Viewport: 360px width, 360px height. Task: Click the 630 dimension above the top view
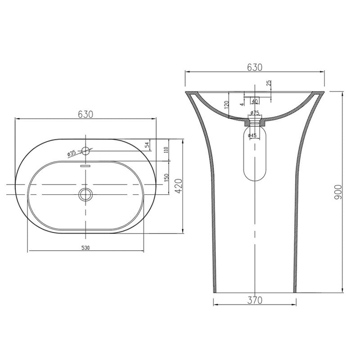(85, 114)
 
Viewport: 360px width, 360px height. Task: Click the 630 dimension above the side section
(255, 67)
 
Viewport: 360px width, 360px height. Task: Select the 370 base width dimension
(255, 299)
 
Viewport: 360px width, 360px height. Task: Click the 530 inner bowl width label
(85, 247)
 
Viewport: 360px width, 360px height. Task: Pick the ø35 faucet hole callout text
(72, 153)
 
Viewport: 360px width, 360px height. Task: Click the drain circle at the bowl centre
(85, 194)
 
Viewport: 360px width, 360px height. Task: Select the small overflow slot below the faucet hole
(85, 166)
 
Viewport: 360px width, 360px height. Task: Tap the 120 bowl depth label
(227, 105)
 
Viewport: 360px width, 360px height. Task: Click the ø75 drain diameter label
(255, 112)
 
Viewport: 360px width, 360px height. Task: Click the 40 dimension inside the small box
(255, 101)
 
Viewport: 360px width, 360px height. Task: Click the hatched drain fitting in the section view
(255, 121)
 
